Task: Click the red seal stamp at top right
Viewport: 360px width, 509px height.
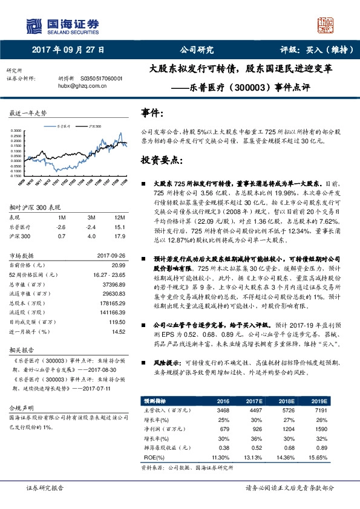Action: (x=326, y=24)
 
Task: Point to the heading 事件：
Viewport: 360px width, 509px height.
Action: (x=152, y=113)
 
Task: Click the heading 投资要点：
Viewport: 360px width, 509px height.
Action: (x=160, y=161)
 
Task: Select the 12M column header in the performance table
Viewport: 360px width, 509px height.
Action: (x=120, y=217)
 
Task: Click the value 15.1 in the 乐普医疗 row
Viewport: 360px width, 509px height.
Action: (x=120, y=226)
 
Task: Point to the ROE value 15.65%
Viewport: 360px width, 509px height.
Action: (x=319, y=458)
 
